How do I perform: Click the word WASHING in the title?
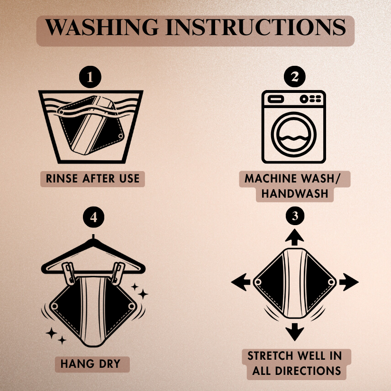coord(102,27)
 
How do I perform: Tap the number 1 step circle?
coord(90,77)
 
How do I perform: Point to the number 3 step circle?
coord(295,216)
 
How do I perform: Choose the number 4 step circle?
coord(93,217)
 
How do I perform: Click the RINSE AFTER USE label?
coord(92,179)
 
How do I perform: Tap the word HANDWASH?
coord(294,194)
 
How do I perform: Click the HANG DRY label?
coord(90,364)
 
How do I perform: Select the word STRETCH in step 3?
coord(270,356)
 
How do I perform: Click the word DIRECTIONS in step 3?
coord(308,371)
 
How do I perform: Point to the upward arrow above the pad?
coord(294,237)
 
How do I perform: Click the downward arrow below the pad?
coord(294,332)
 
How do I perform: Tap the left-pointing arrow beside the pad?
coord(241,282)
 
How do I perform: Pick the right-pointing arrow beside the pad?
coord(349,282)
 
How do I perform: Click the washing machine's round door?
coord(293,135)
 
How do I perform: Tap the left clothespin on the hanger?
coord(68,273)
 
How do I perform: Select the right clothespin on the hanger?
coord(118,273)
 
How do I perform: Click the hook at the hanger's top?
coord(93,237)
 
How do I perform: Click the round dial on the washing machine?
coord(304,99)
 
